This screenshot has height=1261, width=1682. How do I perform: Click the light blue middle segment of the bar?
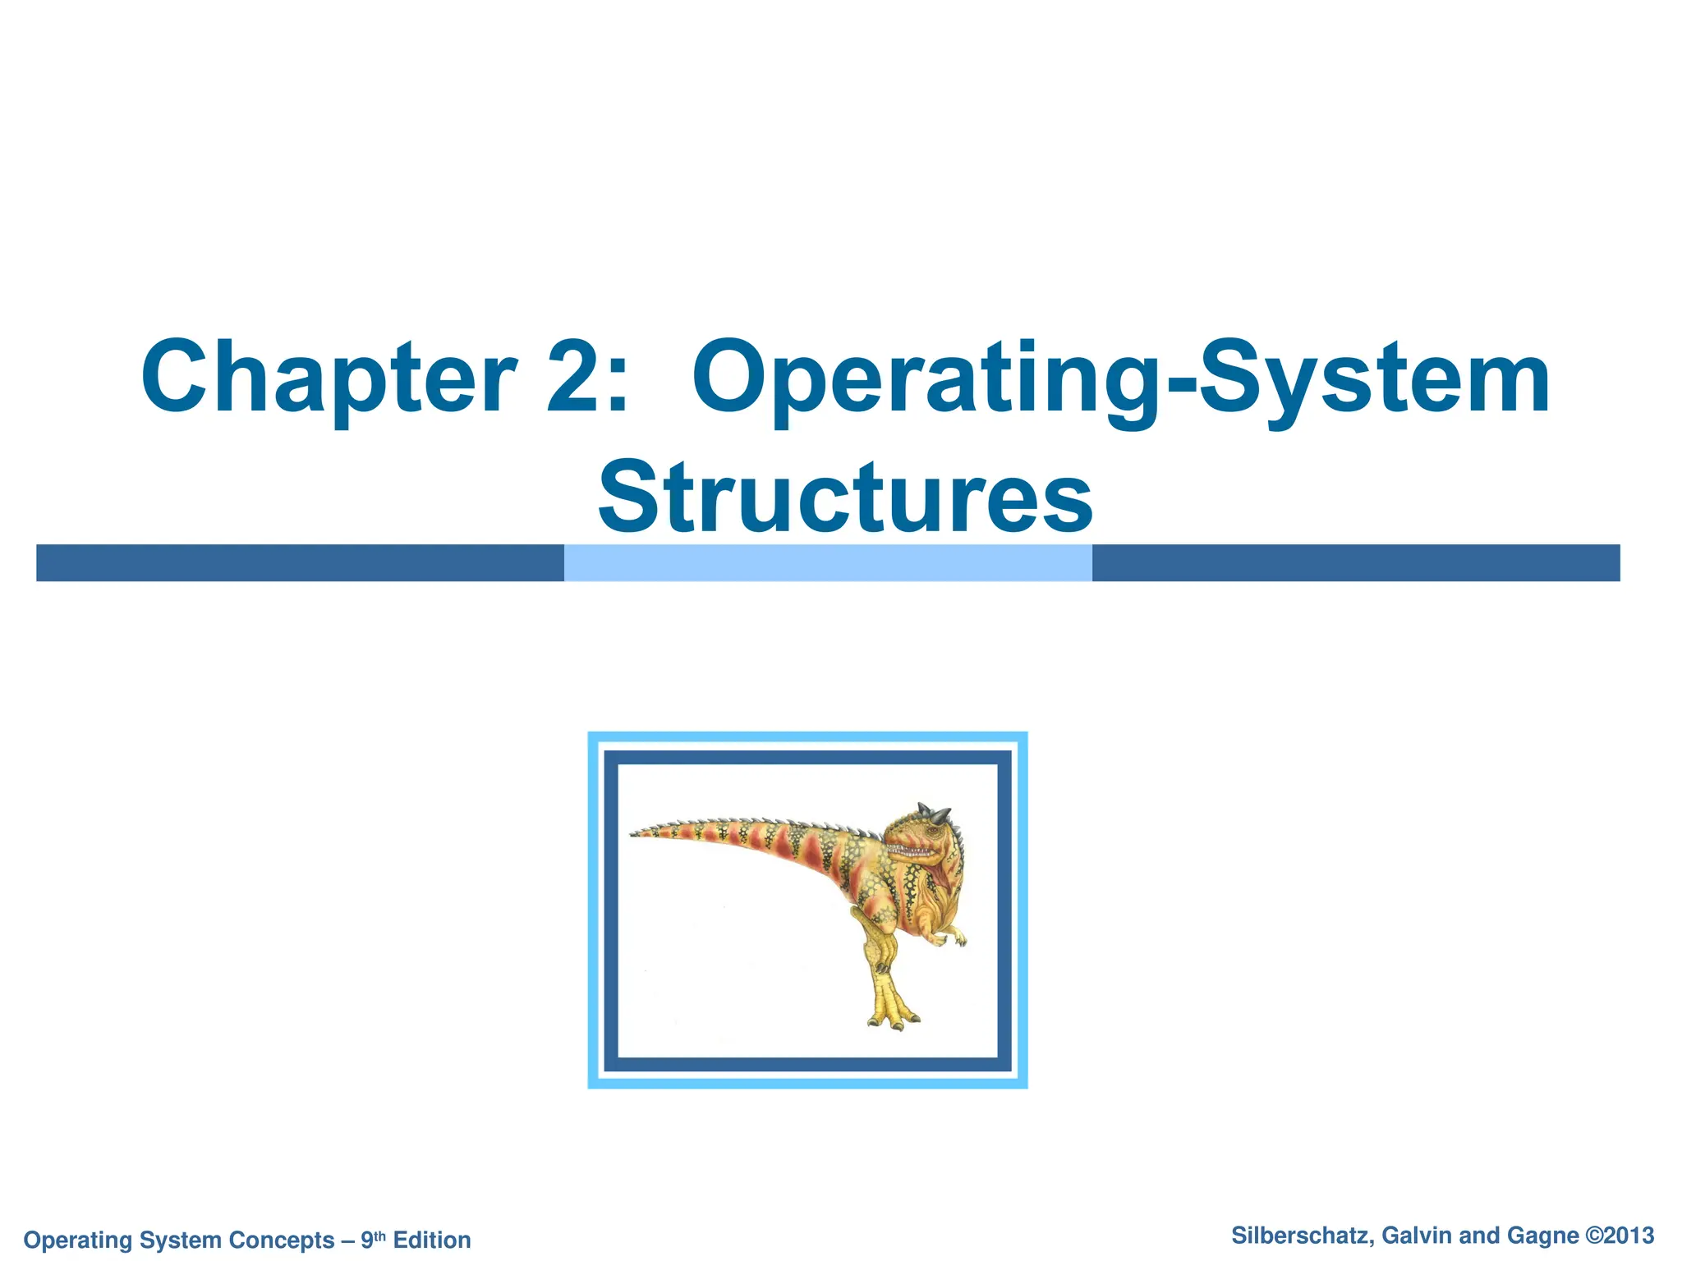[828, 563]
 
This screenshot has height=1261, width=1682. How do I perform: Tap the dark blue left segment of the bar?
[300, 563]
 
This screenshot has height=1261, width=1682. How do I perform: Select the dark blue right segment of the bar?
[1355, 563]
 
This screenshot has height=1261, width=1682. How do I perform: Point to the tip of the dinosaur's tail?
[635, 835]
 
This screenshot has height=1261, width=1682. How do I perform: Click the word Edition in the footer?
[432, 1240]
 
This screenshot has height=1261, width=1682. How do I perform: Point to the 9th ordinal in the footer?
[373, 1238]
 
